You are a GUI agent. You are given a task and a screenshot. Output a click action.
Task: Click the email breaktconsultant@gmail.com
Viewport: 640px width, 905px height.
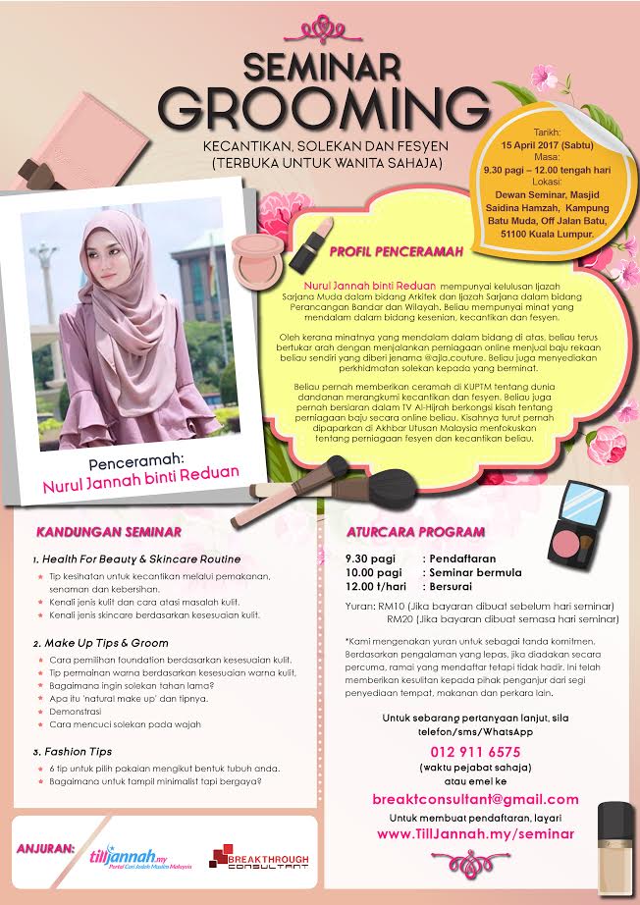click(476, 799)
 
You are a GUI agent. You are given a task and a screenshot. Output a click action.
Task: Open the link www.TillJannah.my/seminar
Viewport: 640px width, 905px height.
click(476, 833)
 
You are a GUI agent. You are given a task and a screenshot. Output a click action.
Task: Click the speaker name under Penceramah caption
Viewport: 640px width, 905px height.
click(140, 472)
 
